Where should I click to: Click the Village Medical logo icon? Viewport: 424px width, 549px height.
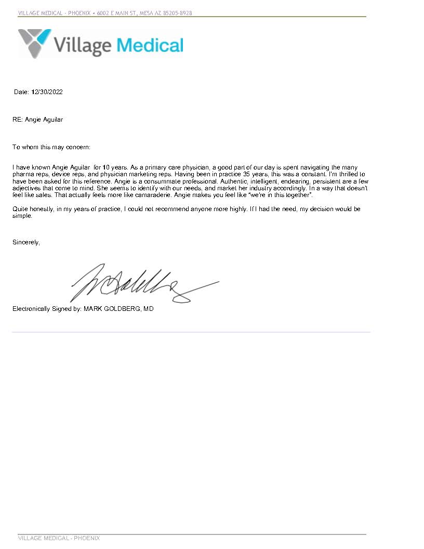coord(35,43)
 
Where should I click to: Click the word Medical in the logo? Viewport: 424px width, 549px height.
coord(150,45)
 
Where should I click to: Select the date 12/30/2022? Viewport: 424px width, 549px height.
coord(47,92)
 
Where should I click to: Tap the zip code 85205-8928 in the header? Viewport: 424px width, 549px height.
coord(178,13)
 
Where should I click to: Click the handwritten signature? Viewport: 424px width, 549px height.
coord(140,285)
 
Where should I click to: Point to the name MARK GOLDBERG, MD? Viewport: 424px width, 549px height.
coord(118,309)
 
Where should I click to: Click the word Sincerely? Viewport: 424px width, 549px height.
coord(26,242)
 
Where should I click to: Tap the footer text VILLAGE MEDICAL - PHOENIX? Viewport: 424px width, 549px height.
coord(59,538)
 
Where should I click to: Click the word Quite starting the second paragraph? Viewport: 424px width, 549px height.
coord(20,209)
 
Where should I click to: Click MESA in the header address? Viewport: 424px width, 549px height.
coord(148,13)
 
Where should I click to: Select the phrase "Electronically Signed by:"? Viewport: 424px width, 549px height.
coord(47,309)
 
